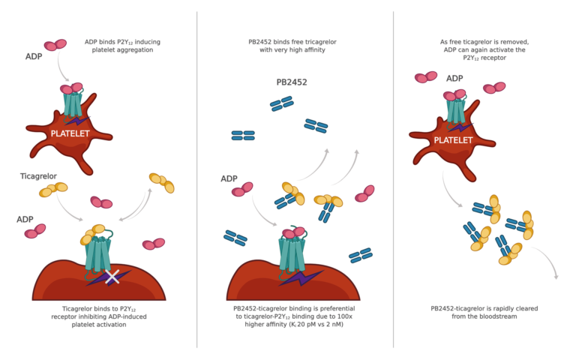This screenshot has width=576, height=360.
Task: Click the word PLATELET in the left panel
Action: [x=70, y=133]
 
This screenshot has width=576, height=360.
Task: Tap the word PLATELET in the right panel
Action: [x=453, y=140]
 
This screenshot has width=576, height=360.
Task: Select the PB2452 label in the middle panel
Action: [x=291, y=82]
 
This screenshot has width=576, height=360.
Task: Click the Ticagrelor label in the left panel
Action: [x=39, y=176]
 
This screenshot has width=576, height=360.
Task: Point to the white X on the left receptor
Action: [x=112, y=277]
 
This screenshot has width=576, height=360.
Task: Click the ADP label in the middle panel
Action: [x=229, y=178]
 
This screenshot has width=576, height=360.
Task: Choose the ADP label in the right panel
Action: [x=454, y=78]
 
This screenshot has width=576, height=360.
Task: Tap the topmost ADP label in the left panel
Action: [x=34, y=56]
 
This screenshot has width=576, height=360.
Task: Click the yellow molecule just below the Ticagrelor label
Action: [x=53, y=190]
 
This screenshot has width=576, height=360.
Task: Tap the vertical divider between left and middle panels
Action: [x=197, y=180]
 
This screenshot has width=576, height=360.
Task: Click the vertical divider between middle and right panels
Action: [x=393, y=180]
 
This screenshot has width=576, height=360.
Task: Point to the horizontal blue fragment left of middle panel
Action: [x=243, y=136]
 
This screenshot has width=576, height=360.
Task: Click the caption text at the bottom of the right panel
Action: [x=484, y=313]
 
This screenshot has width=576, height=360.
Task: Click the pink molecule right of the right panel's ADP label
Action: [x=493, y=88]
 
